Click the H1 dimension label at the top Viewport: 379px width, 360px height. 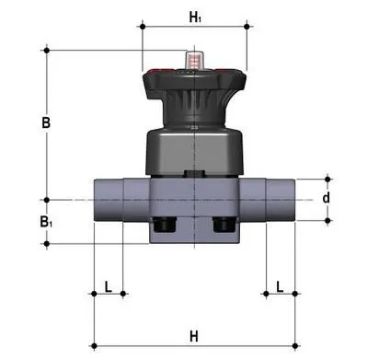pos(195,16)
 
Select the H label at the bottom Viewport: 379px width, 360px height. pos(194,333)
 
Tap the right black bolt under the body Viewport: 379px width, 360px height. pos(222,224)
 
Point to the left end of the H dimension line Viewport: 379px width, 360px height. pos(93,344)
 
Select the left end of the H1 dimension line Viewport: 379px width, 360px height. pos(141,27)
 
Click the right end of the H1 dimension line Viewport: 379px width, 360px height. pos(248,27)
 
